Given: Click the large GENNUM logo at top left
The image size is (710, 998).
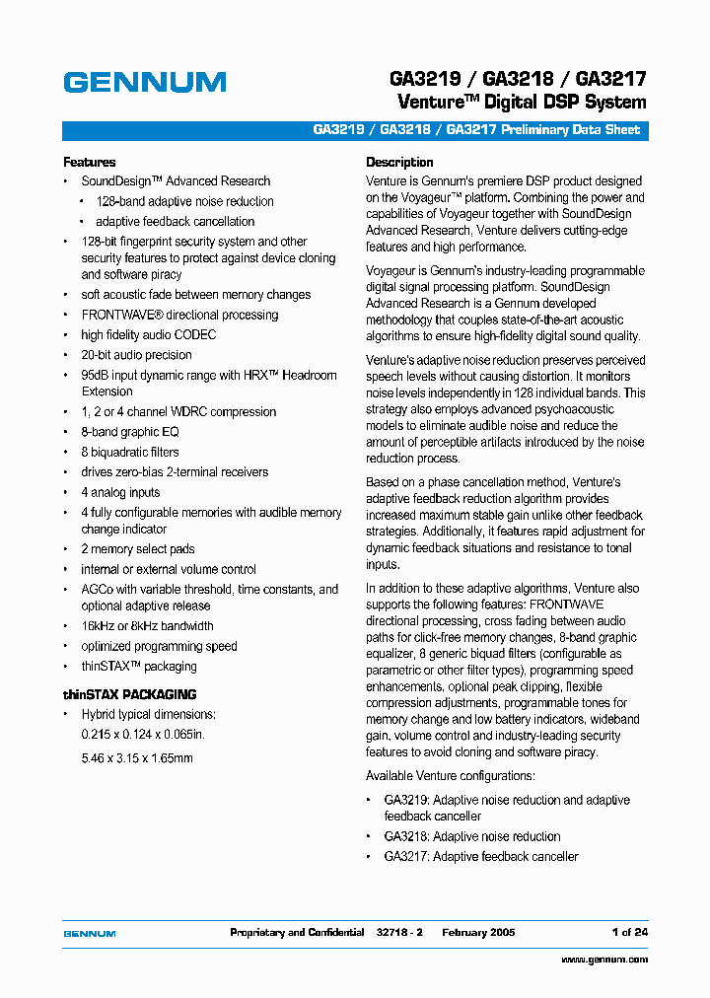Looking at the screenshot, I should pos(145,83).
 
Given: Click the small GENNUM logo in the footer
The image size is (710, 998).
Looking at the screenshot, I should pos(90,933).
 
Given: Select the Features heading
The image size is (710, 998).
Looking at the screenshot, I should pos(90,162).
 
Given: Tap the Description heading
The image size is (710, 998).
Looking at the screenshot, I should pos(399,162).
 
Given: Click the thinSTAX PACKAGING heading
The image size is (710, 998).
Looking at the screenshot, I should pos(130,694).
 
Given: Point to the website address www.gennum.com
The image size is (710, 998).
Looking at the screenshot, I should pos(604,960).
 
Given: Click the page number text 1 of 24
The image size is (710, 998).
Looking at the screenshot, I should pos(629,932).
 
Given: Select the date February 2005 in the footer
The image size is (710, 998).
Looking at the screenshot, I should pos(478,932).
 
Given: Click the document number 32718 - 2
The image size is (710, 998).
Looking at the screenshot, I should pos(399,932).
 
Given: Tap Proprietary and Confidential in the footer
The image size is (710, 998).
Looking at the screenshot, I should pos(297,932).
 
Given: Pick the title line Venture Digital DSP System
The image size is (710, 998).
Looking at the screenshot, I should pos(522,103).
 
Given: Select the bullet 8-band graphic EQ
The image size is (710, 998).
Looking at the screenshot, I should pos(130,432).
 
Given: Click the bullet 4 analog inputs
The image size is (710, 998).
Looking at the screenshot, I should pos(120,492).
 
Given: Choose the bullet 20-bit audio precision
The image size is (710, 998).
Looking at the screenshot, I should pos(136,355).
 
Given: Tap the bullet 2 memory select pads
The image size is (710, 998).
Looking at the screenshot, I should pos(138,549).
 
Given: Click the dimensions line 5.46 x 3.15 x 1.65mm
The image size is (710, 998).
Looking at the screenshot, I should pos(137,758).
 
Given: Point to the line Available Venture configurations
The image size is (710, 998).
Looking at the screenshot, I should pos(450,776).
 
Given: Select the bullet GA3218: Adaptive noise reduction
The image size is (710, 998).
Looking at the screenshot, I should pos(472,836).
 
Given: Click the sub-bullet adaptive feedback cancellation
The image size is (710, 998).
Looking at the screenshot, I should pos(175,222).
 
